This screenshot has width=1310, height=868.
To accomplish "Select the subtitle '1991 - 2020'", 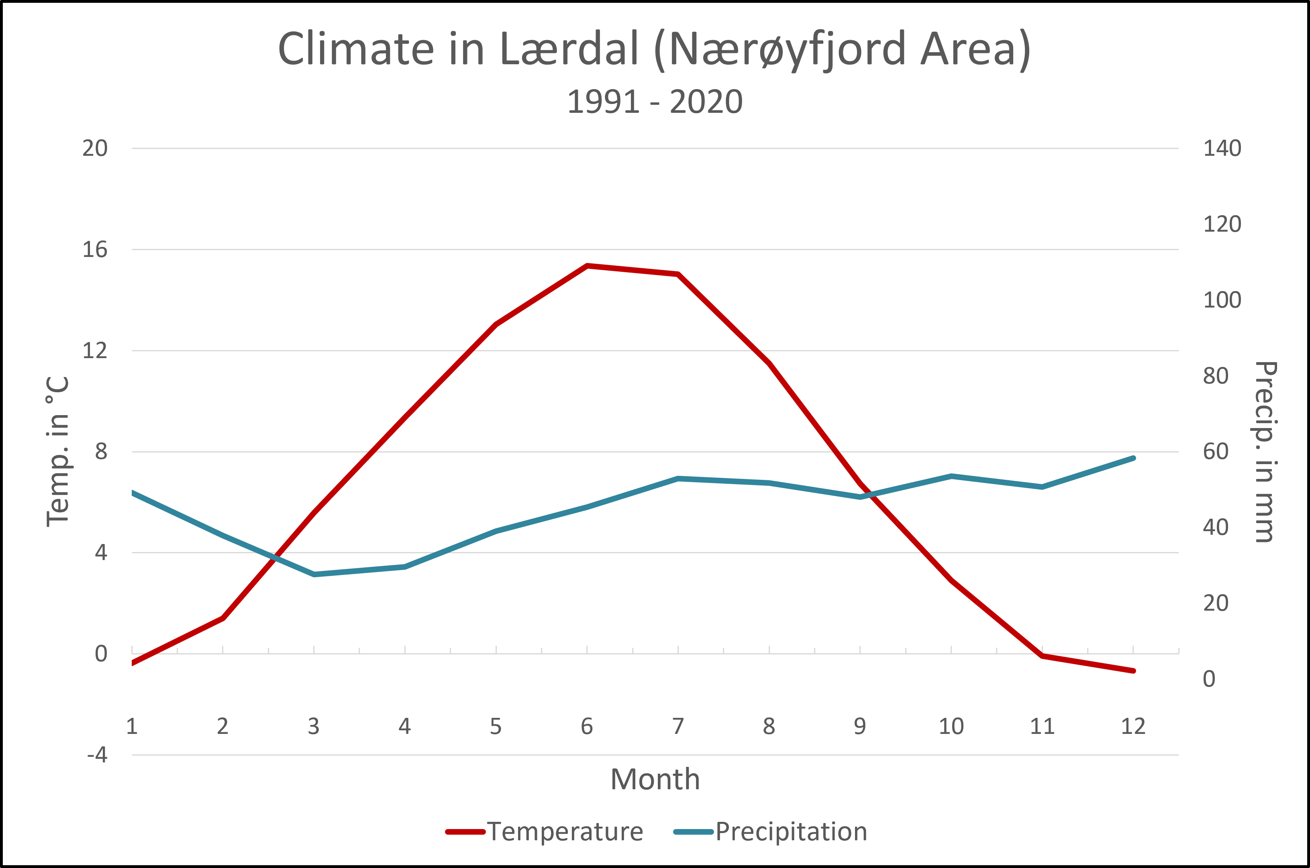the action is [655, 102].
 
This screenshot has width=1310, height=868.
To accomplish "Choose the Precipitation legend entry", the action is [771, 831].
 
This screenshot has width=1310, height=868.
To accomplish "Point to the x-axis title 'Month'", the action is [655, 779].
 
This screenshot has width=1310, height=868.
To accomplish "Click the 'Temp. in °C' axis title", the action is [57, 451].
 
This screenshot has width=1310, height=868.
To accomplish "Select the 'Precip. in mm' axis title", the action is [1266, 452].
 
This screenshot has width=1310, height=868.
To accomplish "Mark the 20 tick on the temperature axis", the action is [95, 149].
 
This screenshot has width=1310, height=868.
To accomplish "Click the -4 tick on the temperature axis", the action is [97, 754].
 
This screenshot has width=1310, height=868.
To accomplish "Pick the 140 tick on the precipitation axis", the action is [1222, 149].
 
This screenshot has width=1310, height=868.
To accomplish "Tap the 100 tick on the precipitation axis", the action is [1222, 300].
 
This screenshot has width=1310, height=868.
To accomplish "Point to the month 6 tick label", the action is [587, 726].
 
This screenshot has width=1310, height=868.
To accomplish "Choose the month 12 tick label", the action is [1133, 726].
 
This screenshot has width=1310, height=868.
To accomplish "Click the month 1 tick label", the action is [132, 726].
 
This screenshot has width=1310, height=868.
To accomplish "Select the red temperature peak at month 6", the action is [587, 266].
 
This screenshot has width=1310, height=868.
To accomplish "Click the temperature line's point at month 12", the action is [1133, 671].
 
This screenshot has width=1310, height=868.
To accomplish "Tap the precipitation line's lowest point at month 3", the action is [314, 575].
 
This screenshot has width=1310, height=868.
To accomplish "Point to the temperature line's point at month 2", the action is [222, 618].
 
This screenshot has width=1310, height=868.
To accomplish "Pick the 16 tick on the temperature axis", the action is [95, 250].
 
